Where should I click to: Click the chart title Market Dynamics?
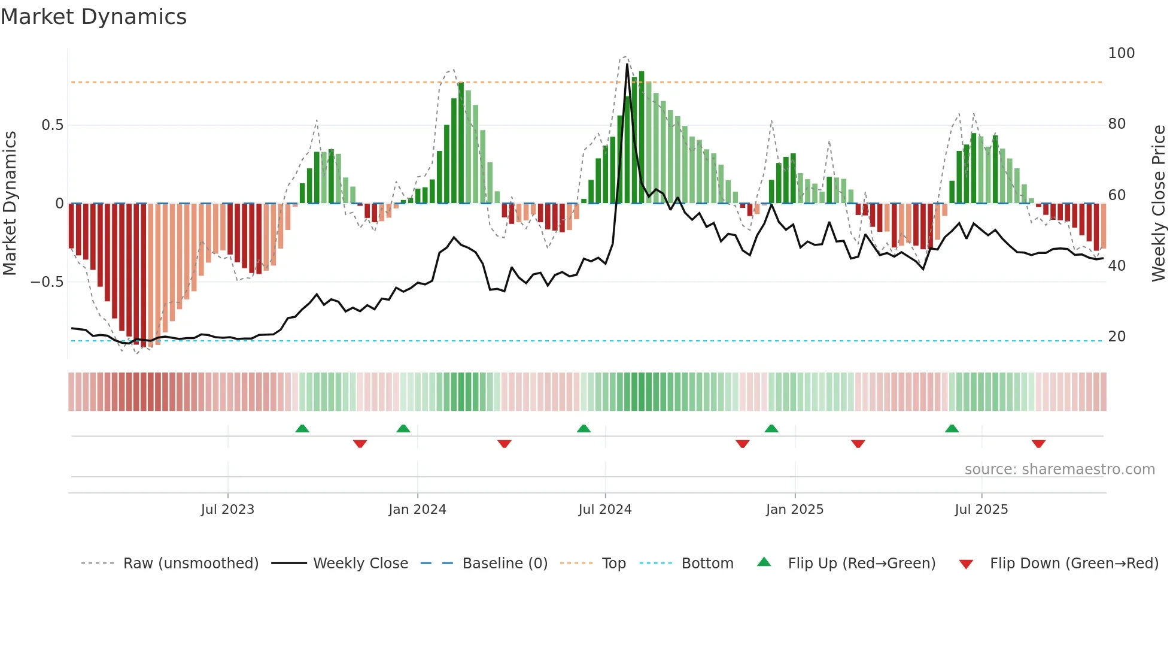point(93,17)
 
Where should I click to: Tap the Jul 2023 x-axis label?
point(227,510)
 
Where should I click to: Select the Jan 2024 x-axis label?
point(417,510)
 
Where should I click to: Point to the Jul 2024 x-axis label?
point(605,510)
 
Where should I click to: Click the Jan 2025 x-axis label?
point(795,510)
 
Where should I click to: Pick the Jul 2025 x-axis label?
point(981,510)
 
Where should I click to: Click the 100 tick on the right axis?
point(1121,53)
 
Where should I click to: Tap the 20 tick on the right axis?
point(1117,337)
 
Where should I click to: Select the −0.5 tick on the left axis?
point(47,282)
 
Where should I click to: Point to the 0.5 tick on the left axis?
point(52,125)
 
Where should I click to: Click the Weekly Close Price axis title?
point(1159,204)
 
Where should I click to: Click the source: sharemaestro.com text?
point(1059,470)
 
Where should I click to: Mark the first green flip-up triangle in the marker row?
point(302,428)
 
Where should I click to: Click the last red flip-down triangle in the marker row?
point(1038,444)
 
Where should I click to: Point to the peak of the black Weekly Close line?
point(627,65)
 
